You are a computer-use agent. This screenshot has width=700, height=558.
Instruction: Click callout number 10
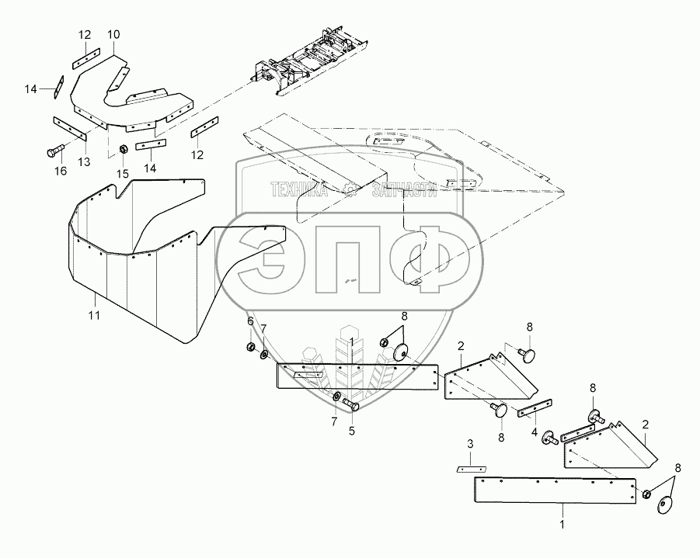[x=113, y=35]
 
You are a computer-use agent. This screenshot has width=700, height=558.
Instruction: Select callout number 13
[x=84, y=162]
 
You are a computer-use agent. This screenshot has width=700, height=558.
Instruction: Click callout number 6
[x=250, y=321]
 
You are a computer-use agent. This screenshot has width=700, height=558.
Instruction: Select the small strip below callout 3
[x=468, y=470]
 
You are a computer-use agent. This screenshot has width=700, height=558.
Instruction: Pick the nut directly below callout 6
[x=252, y=345]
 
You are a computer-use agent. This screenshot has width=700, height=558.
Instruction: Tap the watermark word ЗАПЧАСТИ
[x=406, y=189]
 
